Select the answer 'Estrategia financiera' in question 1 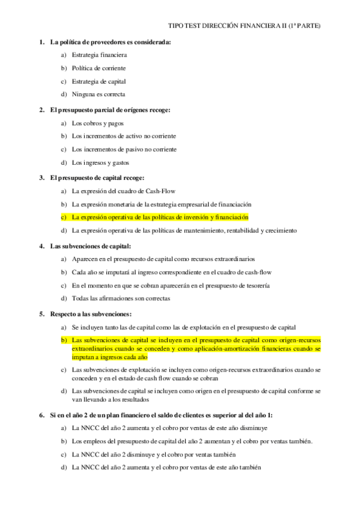click(99, 55)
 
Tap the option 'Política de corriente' click(99, 68)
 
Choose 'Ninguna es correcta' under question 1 click(99, 94)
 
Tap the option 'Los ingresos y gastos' click(100, 162)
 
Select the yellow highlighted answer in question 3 click(160, 217)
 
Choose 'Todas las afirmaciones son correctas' click(120, 298)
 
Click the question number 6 click(41, 416)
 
